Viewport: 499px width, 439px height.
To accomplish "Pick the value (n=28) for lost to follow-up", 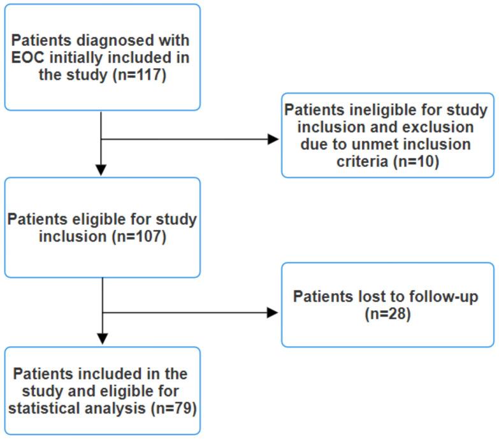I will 387,313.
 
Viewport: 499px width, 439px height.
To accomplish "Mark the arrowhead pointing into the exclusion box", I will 273,139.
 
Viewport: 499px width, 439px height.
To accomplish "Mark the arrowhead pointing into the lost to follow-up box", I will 273,312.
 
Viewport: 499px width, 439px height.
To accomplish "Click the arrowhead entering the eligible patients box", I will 101,169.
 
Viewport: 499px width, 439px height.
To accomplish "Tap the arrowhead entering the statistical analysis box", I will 101,338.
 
